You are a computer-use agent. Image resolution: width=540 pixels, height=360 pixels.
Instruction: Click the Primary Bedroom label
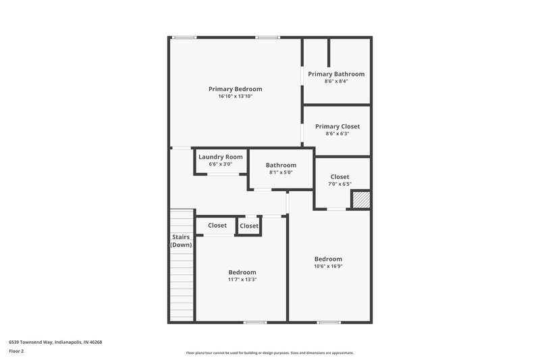(235, 88)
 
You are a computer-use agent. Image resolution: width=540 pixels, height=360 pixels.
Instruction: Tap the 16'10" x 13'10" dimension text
(235, 97)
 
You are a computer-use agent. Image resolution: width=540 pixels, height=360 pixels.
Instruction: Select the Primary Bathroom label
(336, 74)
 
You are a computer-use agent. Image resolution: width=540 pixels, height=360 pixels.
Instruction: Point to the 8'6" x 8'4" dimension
(336, 81)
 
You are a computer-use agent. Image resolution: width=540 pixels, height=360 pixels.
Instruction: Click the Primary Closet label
(337, 126)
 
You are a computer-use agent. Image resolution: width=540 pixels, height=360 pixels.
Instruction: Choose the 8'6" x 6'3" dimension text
(337, 134)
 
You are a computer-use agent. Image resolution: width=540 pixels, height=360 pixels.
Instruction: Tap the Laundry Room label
(220, 157)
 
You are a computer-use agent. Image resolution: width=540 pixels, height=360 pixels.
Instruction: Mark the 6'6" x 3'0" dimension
(220, 164)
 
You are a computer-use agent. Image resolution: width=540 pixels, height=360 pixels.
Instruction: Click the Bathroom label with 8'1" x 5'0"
(281, 165)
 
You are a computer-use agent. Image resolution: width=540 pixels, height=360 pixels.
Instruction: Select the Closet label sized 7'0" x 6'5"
(340, 177)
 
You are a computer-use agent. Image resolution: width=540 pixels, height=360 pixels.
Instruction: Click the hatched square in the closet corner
(361, 200)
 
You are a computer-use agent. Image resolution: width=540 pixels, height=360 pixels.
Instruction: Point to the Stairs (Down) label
(181, 241)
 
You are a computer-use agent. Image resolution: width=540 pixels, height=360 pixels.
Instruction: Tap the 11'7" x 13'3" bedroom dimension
(242, 280)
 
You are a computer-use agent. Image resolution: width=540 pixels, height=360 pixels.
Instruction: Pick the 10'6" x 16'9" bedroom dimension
(328, 266)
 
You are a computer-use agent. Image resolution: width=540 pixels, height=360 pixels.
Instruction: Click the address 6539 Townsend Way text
(55, 342)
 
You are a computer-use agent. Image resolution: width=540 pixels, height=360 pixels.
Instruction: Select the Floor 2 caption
(17, 351)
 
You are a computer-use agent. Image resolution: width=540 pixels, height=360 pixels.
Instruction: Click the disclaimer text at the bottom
(269, 353)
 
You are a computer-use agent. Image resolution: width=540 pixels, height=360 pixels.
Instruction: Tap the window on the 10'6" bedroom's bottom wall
(329, 322)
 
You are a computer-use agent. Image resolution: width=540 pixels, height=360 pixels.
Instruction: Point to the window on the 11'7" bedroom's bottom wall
(254, 322)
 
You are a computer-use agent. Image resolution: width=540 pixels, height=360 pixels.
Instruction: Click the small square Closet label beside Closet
(249, 226)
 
